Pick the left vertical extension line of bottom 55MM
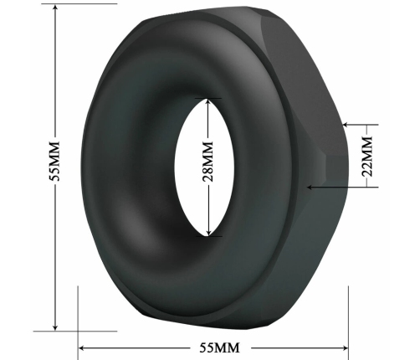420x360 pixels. (x=78, y=318)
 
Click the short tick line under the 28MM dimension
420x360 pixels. (x=209, y=237)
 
